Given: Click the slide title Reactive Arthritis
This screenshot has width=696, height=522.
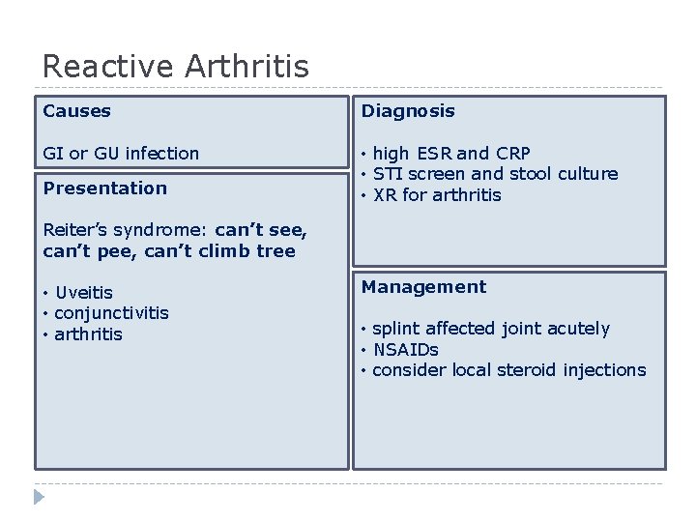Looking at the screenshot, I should tap(176, 67).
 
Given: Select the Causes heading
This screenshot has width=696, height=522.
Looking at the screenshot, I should tap(77, 111).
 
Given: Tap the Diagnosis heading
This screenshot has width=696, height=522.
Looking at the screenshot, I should tap(408, 111).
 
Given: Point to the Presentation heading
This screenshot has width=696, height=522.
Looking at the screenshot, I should tap(105, 188).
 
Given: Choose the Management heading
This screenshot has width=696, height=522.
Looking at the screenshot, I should tap(424, 287).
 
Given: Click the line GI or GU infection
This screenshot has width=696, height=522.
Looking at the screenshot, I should tap(121, 154).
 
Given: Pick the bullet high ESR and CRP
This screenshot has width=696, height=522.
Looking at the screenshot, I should tap(451, 154).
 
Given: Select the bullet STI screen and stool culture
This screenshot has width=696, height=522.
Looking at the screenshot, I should tap(495, 174).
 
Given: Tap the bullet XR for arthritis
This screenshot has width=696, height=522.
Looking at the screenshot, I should tap(437, 195).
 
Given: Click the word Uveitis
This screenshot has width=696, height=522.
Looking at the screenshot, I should tap(84, 293).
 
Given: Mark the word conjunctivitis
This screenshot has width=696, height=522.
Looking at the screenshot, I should tap(111, 313).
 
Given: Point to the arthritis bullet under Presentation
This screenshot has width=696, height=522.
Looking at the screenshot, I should tap(88, 334).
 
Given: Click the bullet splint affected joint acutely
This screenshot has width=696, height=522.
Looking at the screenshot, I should tap(491, 329).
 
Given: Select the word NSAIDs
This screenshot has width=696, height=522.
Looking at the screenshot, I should tap(405, 350).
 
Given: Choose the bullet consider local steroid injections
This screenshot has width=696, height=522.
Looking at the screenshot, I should tap(508, 370).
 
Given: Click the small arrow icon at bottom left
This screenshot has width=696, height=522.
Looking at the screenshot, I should tap(39, 498).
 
